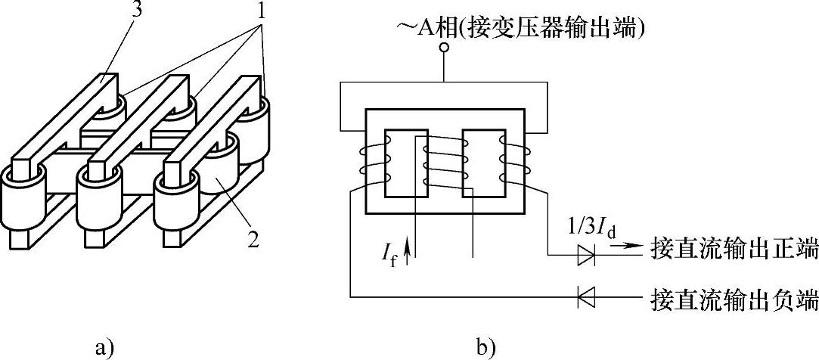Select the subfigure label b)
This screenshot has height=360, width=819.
pos(486,348)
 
